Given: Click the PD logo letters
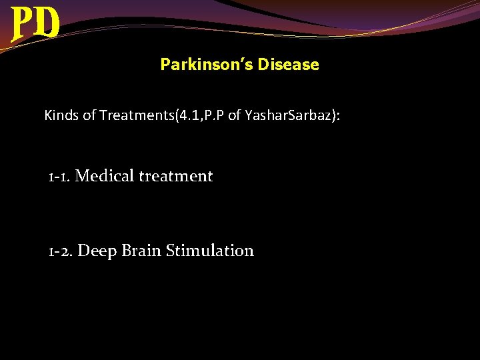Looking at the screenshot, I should (x=35, y=25).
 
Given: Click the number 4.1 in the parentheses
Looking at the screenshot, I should (x=185, y=115).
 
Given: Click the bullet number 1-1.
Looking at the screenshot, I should (x=59, y=177).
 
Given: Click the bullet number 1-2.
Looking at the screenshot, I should (x=61, y=251).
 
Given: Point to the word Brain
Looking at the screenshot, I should (x=141, y=251).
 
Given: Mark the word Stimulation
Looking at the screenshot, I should (x=209, y=251).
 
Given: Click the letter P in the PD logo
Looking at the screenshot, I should (x=23, y=25).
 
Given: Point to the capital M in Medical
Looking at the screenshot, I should (x=83, y=177).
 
